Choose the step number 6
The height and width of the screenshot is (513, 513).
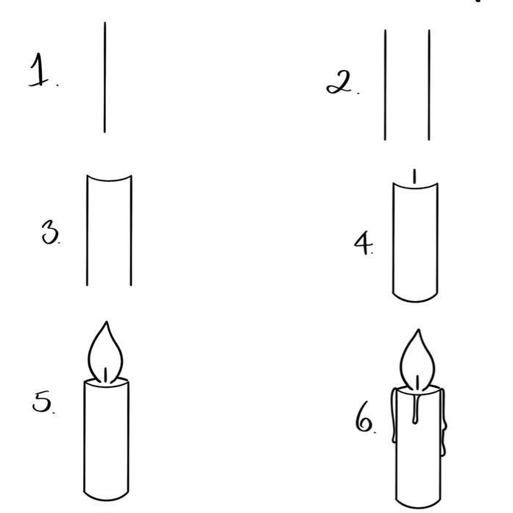(x=365, y=422)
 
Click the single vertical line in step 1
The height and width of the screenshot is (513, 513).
(x=105, y=77)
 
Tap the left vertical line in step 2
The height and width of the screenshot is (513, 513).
(x=385, y=85)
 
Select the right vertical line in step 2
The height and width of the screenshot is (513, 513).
(x=429, y=85)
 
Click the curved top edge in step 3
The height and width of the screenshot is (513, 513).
(x=110, y=179)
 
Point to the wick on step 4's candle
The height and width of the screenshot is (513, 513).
(x=414, y=177)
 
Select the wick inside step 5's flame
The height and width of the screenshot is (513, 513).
(x=106, y=374)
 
